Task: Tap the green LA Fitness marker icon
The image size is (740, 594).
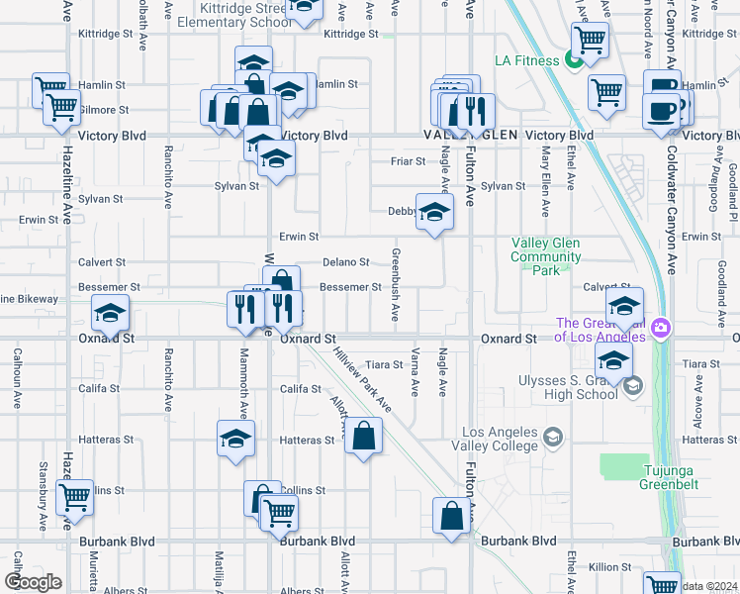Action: tap(573, 60)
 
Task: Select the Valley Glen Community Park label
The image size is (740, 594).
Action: tap(545, 256)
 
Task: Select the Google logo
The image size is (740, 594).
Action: tap(33, 581)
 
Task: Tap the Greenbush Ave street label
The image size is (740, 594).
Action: tap(395, 284)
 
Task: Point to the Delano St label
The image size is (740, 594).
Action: tap(346, 262)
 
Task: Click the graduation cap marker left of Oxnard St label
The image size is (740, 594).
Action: tap(110, 314)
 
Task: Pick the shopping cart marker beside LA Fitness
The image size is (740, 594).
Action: tap(589, 41)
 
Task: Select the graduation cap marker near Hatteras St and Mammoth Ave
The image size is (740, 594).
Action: tap(236, 440)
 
